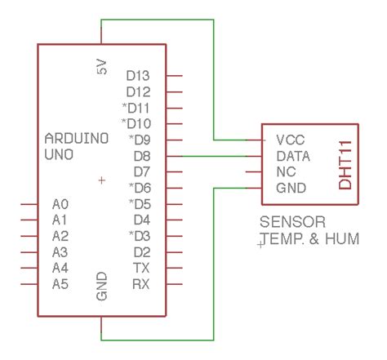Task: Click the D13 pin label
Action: click(x=138, y=76)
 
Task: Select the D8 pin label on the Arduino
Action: click(x=141, y=155)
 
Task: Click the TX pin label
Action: click(x=140, y=268)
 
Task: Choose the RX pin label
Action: click(x=140, y=283)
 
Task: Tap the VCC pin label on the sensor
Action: click(x=291, y=139)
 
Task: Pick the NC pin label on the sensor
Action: click(x=286, y=171)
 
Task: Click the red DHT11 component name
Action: click(x=345, y=163)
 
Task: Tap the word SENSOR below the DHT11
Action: click(x=292, y=222)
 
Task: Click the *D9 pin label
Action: click(x=136, y=140)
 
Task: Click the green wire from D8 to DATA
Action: click(x=212, y=155)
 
